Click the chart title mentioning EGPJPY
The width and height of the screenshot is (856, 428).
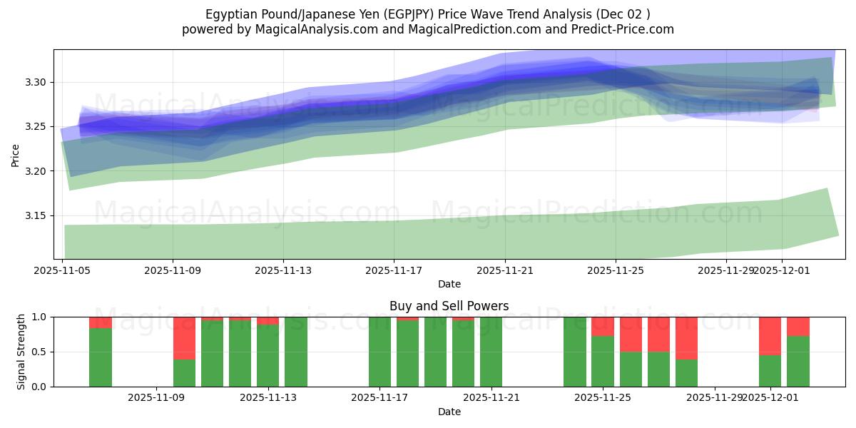pos(428,14)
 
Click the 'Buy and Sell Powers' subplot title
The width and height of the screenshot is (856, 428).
pos(449,306)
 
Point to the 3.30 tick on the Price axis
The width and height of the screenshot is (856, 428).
pos(36,83)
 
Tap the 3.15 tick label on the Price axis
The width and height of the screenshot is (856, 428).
pos(36,216)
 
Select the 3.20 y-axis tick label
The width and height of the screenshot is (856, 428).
pos(36,172)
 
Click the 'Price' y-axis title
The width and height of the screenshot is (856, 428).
pos(16,154)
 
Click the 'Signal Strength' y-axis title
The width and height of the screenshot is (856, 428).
pos(21,351)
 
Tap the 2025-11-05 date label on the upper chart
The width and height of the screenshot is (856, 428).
pos(63,270)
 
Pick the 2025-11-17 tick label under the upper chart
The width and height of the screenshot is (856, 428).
pos(394,270)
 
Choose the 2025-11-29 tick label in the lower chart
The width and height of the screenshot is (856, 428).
pos(714,398)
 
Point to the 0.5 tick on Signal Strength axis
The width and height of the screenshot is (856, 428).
pos(40,352)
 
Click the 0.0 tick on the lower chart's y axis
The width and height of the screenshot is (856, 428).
pos(40,387)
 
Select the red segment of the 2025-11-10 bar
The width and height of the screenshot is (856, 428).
pos(184,338)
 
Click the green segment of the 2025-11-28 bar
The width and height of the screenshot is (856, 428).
pos(686,373)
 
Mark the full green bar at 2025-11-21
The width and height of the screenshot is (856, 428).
pos(491,352)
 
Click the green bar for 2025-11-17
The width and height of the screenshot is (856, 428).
pos(379,352)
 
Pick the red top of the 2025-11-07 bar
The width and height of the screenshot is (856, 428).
pos(101,322)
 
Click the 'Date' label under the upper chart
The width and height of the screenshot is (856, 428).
pos(449,284)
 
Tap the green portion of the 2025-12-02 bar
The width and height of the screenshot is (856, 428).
pos(798,362)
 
